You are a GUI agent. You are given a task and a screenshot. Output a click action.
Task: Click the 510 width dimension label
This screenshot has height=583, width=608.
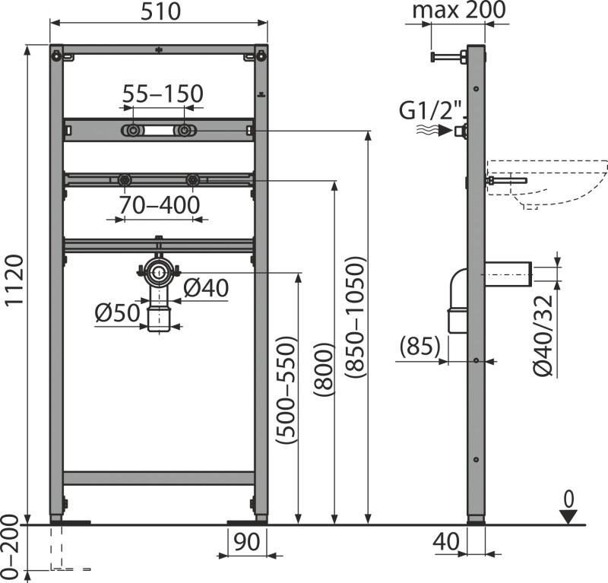click(160, 11)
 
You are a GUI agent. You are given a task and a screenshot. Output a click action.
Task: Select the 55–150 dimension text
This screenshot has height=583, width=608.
click(163, 93)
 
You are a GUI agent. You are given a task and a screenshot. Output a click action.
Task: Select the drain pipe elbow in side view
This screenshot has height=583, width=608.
click(458, 293)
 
